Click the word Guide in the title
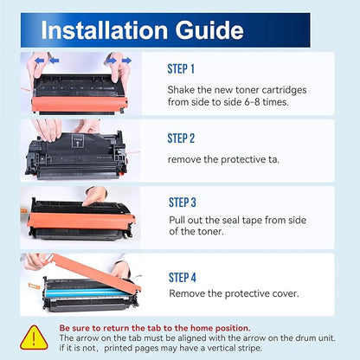click(x=209, y=30)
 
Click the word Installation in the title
click(x=105, y=30)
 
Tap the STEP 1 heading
click(x=181, y=69)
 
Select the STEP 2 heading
click(x=181, y=138)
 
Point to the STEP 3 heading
click(x=183, y=202)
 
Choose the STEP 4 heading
click(x=183, y=278)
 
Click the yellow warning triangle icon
click(x=34, y=337)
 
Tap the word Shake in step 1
click(x=181, y=90)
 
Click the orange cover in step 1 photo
click(x=80, y=104)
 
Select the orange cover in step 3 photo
click(x=81, y=221)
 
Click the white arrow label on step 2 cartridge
click(x=77, y=140)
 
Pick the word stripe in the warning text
click(x=250, y=348)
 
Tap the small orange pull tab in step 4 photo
click(x=34, y=287)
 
